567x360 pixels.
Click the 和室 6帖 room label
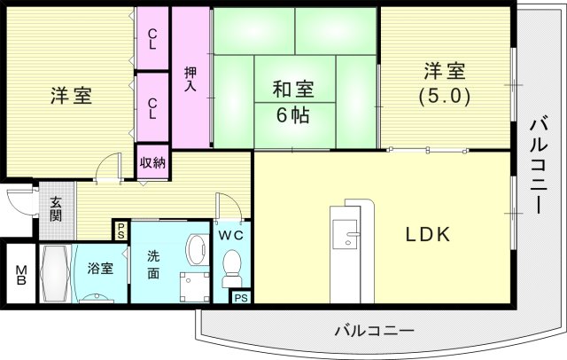point(291,101)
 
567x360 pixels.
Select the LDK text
point(429,236)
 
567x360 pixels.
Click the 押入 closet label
point(190,80)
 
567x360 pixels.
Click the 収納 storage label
point(152,162)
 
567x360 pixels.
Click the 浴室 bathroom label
point(99,268)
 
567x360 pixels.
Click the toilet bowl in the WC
point(232,265)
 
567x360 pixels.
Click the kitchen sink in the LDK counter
point(351,237)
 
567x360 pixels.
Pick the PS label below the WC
point(240,298)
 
